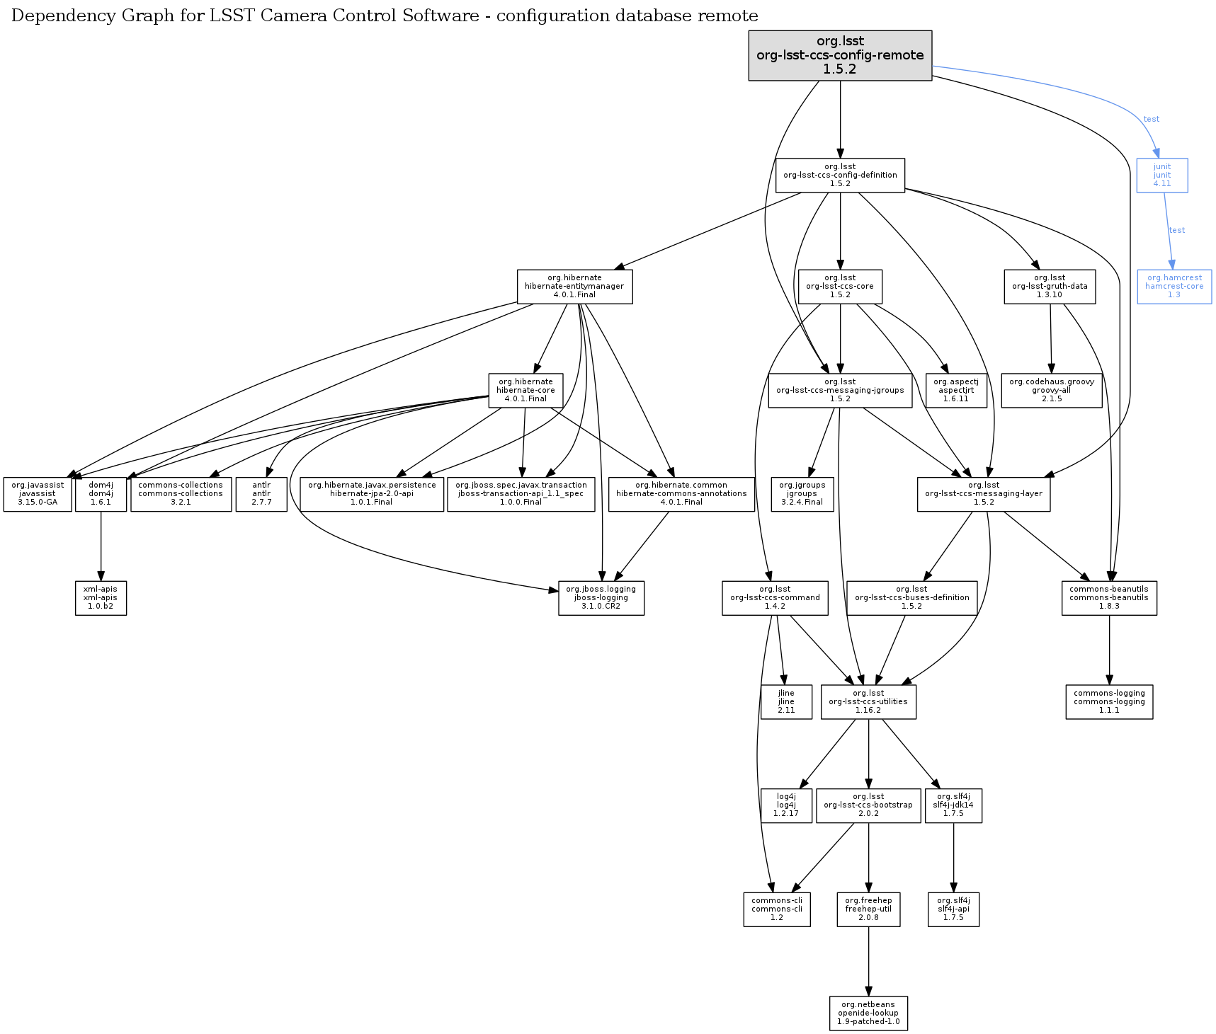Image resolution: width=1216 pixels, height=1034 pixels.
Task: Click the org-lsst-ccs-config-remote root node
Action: (x=840, y=55)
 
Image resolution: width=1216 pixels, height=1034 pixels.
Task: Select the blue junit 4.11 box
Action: (x=1161, y=175)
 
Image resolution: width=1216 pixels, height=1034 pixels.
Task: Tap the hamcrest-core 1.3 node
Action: (x=1174, y=287)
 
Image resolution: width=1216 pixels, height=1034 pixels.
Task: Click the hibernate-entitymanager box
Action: (x=574, y=287)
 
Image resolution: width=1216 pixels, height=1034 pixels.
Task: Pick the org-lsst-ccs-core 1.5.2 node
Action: (x=840, y=287)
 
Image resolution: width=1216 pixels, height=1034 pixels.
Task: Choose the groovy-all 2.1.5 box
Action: (x=1052, y=390)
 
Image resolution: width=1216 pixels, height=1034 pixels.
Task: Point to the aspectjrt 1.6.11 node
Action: (x=956, y=390)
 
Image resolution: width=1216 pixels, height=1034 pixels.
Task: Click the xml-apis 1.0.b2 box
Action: (x=101, y=598)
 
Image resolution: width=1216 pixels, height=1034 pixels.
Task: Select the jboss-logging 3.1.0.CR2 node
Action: (x=601, y=598)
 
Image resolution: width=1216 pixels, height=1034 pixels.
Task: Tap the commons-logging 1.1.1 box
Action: (x=1109, y=701)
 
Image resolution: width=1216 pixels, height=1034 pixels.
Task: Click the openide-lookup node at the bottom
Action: (x=868, y=1013)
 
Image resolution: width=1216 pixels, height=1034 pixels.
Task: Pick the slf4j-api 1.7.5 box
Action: (x=953, y=909)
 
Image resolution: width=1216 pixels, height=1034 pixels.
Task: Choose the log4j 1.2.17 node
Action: (x=786, y=805)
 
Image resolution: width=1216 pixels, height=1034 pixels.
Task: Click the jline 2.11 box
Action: (x=786, y=701)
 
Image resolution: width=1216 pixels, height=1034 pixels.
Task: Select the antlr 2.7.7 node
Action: (x=261, y=494)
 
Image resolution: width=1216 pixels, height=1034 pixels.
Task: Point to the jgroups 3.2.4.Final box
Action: (x=802, y=494)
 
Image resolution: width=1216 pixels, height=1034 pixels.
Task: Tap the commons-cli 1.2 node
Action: (x=777, y=909)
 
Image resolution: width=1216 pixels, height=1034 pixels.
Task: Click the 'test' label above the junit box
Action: (x=1152, y=119)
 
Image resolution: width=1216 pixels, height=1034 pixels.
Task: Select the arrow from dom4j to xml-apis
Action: (x=101, y=545)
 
